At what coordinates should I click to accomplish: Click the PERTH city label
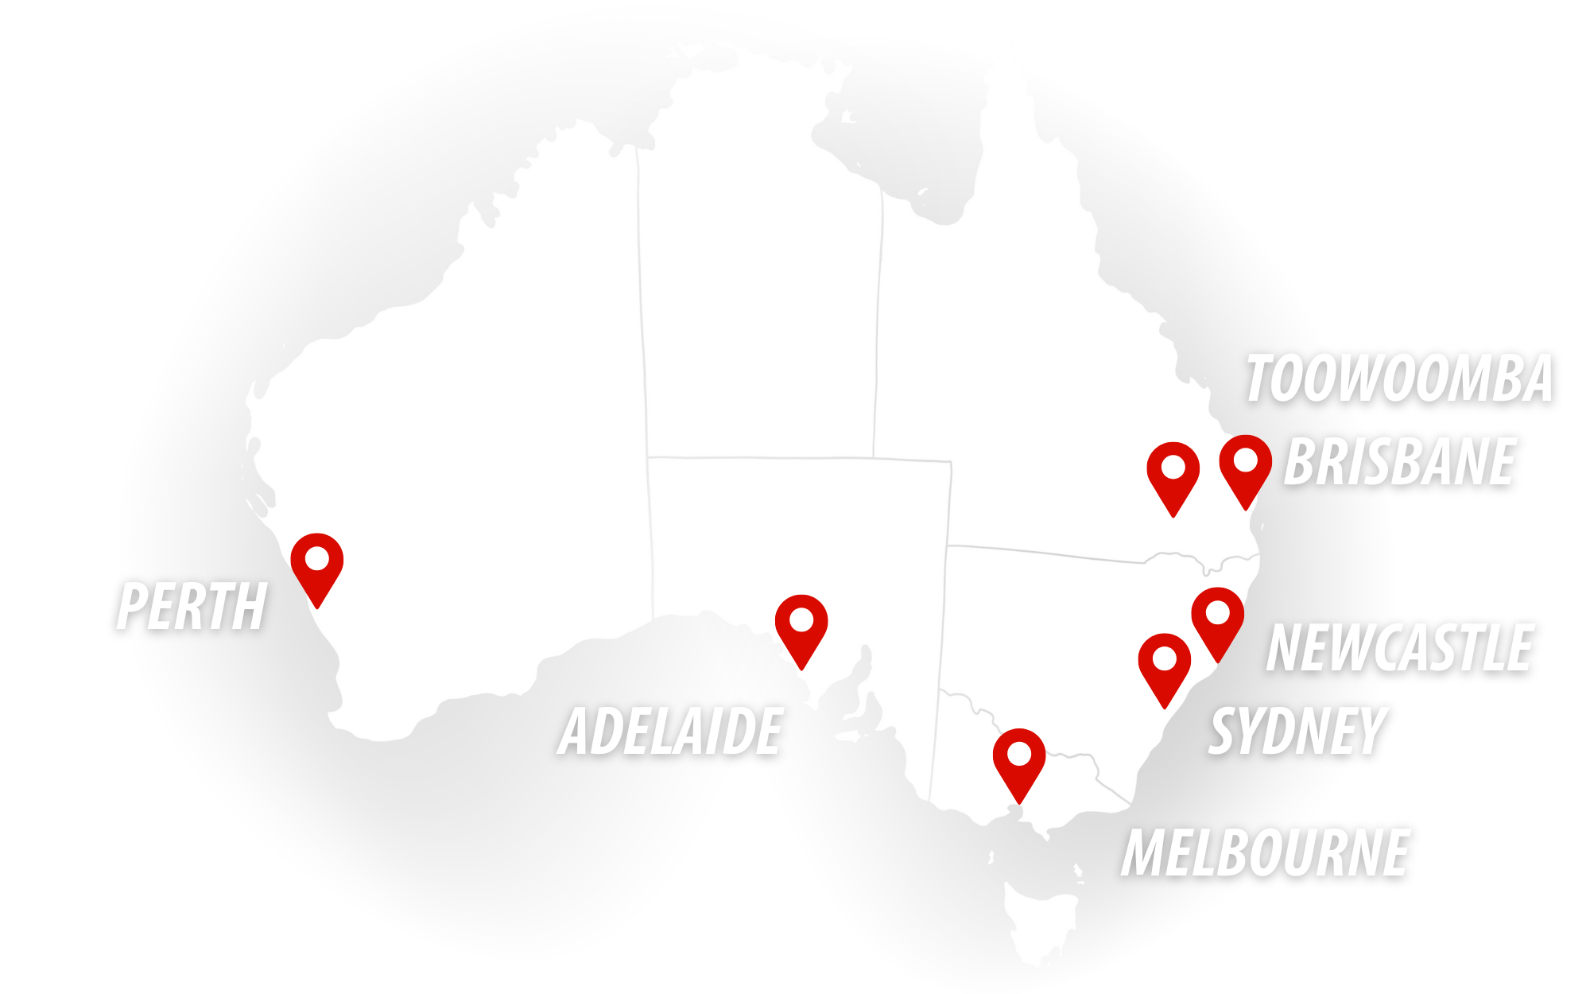pyautogui.click(x=192, y=607)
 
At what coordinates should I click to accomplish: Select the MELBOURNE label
pyautogui.click(x=1266, y=853)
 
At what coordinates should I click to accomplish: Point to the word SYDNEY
pyautogui.click(x=1297, y=731)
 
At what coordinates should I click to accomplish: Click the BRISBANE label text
pyautogui.click(x=1399, y=462)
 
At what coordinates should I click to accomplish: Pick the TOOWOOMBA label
pyautogui.click(x=1398, y=379)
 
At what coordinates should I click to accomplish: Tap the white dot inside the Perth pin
pyautogui.click(x=317, y=559)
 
